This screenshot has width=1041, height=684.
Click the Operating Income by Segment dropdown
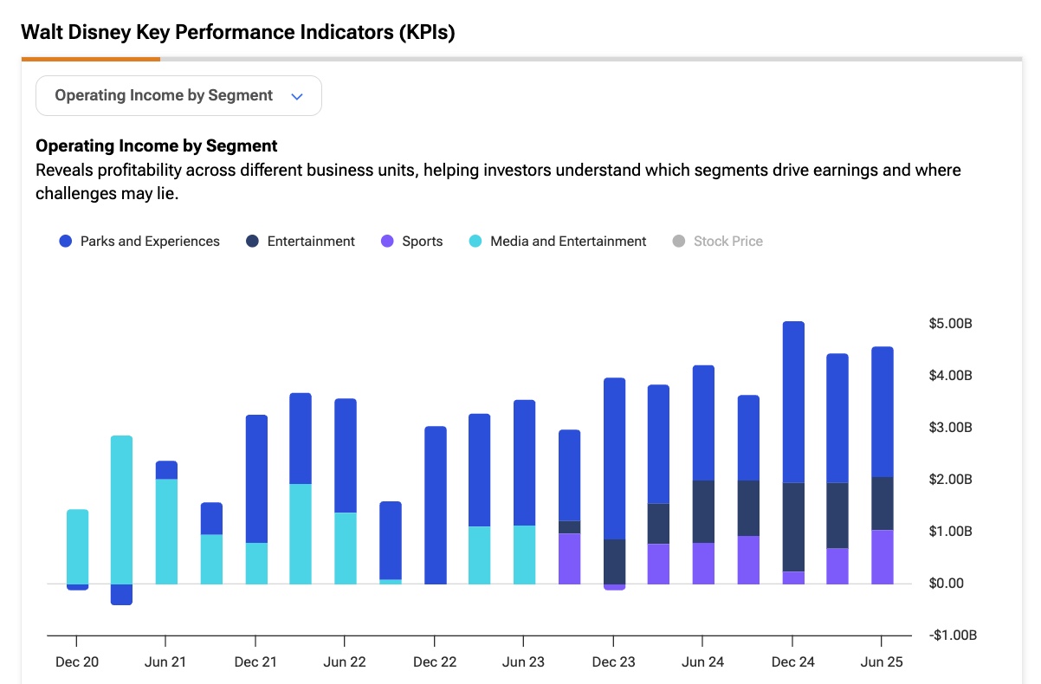178,96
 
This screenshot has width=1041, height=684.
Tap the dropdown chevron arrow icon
297,97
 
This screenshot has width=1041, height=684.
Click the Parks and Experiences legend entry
139,242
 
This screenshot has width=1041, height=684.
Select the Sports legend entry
411,242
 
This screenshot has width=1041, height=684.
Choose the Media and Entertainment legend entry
558,242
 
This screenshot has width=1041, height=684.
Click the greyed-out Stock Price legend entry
718,242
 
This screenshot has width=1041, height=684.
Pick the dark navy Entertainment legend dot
252,242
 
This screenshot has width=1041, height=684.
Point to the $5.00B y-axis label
950,324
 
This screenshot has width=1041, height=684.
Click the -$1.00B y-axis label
953,636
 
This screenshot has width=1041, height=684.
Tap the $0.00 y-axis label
947,584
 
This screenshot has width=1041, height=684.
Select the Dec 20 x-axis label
77,662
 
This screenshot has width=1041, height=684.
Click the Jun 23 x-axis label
523,662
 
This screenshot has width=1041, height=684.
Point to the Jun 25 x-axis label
882,662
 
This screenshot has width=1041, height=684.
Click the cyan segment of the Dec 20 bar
78,546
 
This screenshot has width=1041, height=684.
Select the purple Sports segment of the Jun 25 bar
883,557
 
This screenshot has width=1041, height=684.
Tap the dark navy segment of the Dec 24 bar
794,527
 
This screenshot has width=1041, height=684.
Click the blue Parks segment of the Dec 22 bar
436,505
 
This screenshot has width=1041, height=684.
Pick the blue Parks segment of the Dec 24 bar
794,402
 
